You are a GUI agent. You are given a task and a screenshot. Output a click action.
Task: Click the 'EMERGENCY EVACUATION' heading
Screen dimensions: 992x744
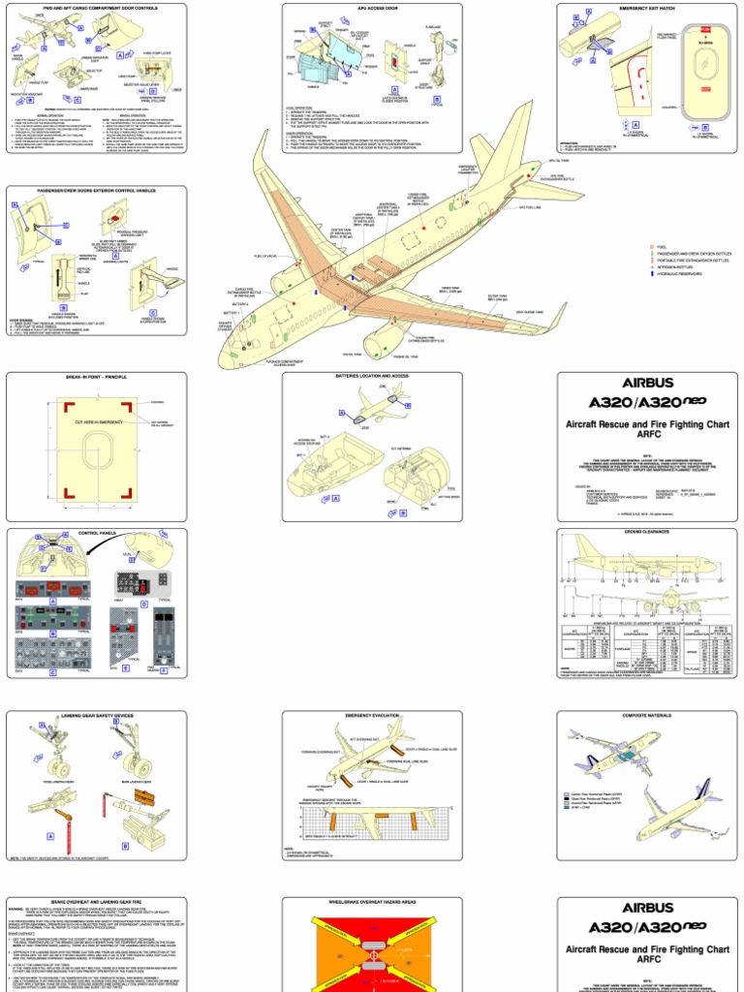tap(372, 716)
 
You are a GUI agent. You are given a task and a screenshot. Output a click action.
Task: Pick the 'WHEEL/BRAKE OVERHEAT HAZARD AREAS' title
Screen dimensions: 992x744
tap(372, 901)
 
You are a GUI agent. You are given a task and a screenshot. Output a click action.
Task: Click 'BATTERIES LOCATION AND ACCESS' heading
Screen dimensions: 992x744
tap(372, 378)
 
